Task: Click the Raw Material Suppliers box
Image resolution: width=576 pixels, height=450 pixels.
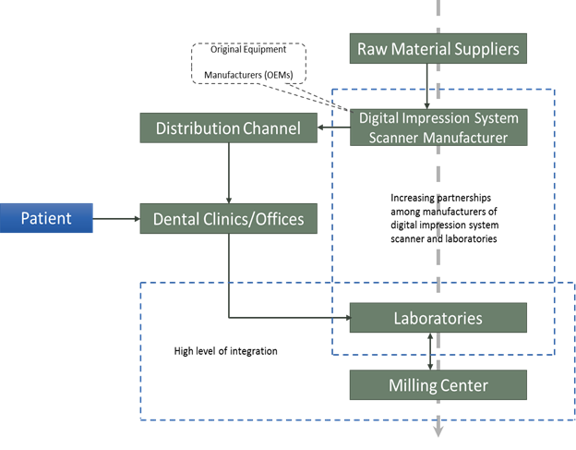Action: coord(438,48)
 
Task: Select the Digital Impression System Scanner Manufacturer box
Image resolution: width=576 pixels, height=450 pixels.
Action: coord(438,128)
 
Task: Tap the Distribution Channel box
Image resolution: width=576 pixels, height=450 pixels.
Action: coord(228,128)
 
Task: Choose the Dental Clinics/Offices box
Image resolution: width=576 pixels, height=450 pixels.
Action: coord(228,219)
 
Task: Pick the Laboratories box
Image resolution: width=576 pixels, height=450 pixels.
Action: coord(438,318)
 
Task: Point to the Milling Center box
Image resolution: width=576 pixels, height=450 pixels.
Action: coord(438,383)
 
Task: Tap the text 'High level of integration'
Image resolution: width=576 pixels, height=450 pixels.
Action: coord(225,351)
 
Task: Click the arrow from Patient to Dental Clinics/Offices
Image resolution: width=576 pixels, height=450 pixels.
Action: coord(117,219)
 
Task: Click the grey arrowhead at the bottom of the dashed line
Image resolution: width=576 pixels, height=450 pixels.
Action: coord(438,430)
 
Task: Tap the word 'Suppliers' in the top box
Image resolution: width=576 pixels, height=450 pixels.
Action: coord(479,48)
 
